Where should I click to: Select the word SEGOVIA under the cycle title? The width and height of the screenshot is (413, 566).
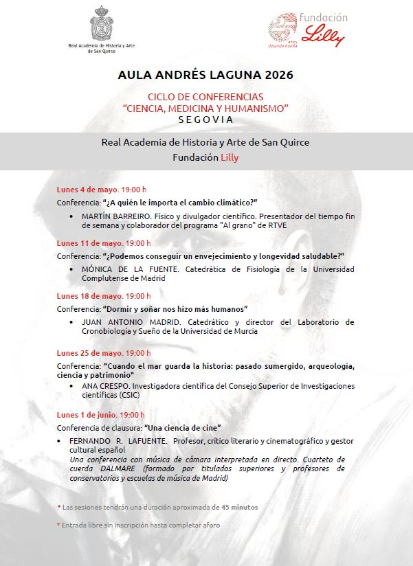click(x=205, y=119)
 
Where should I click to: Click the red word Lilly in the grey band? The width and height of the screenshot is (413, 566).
click(x=229, y=157)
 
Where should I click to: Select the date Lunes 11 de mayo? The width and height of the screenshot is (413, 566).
click(x=91, y=242)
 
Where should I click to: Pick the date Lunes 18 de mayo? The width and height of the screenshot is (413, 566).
click(x=91, y=296)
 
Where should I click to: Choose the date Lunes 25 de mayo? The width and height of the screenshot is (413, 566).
click(x=91, y=353)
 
